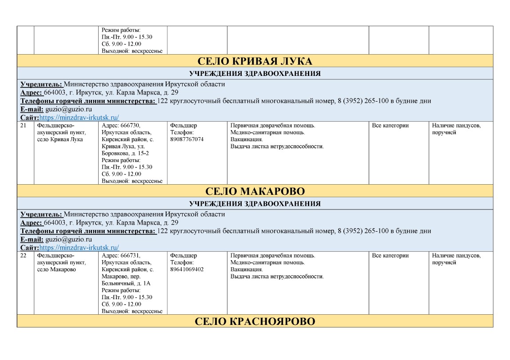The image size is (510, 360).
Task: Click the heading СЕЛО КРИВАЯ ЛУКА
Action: point(255,61)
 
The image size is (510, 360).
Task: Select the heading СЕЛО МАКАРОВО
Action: point(255,191)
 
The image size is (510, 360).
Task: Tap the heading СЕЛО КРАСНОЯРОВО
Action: point(255,321)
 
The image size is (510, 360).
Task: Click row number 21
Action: point(24,126)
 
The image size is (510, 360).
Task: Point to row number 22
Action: point(24,256)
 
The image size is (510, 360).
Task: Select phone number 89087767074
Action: point(187,139)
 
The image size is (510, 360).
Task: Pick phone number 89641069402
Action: point(187,269)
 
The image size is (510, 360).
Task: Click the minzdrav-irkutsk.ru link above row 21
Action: point(79,118)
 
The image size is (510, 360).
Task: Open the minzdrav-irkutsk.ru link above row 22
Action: point(79,248)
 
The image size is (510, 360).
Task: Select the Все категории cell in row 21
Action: point(390,126)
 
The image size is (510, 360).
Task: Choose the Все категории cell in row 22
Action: point(390,256)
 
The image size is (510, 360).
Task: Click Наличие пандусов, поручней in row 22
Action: point(456,259)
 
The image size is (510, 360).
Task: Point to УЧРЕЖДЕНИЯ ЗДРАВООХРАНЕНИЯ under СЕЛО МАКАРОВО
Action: point(255,204)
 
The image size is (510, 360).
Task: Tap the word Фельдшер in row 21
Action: point(183,126)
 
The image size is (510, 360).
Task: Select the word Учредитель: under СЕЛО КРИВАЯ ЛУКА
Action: point(41,84)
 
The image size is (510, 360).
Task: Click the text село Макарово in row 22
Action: point(57,269)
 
